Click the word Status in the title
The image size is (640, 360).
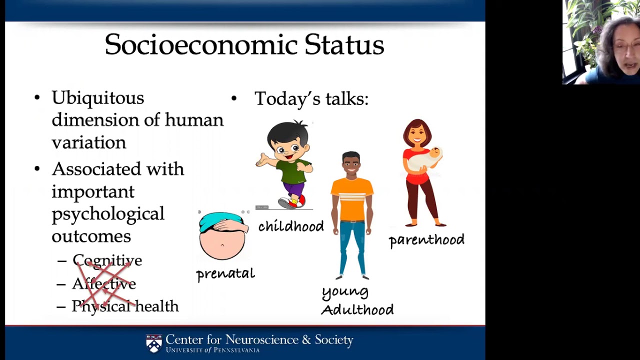pyautogui.click(x=344, y=44)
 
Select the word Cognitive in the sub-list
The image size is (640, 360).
pyautogui.click(x=107, y=261)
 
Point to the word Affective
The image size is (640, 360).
pyautogui.click(x=104, y=283)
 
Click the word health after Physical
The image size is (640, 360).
pyautogui.click(x=157, y=305)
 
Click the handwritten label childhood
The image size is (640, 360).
pyautogui.click(x=291, y=226)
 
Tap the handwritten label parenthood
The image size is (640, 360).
pyautogui.click(x=426, y=240)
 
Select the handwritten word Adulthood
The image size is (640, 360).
pyautogui.click(x=357, y=309)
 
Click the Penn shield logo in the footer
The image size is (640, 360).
pyautogui.click(x=153, y=343)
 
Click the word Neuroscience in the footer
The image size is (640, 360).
pyautogui.click(x=261, y=339)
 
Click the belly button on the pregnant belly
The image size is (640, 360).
pyautogui.click(x=222, y=245)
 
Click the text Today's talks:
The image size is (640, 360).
pyautogui.click(x=311, y=99)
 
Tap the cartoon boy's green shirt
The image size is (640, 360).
pyautogui.click(x=293, y=171)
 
